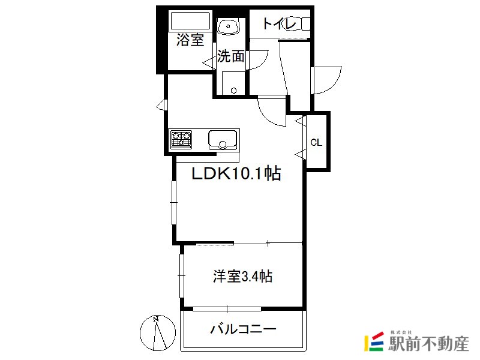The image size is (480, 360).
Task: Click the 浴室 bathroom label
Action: (190, 40)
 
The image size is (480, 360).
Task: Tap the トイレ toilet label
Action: (279, 23)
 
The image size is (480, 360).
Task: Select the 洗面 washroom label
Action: (231, 56)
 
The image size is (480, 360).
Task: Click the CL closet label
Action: (316, 142)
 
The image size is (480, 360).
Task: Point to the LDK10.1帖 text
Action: (236, 173)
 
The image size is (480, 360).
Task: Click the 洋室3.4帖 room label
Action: (242, 277)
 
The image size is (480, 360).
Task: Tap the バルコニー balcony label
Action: (243, 329)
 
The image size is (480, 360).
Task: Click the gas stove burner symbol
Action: (181, 140)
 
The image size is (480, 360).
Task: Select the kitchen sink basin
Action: (223, 140)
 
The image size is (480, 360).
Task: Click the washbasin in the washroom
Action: (229, 26)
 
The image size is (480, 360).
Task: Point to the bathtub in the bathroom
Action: (190, 20)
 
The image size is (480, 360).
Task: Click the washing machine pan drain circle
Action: (234, 91)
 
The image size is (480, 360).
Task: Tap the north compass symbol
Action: (158, 333)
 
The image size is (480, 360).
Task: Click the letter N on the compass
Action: (156, 319)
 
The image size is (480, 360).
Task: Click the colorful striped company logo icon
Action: (374, 341)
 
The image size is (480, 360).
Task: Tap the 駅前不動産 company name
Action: (428, 343)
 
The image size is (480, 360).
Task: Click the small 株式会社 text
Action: (401, 332)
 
